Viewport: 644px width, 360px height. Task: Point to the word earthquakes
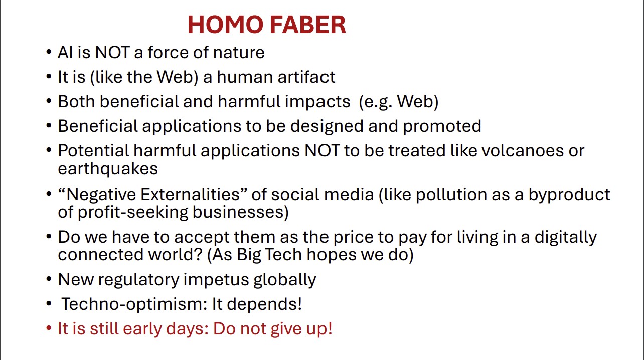pos(108,169)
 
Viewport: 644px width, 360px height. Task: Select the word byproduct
pos(569,195)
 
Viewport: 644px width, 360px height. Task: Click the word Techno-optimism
pos(131,304)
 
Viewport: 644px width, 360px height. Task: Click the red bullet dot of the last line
pos(49,329)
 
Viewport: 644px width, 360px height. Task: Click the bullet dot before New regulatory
pos(49,279)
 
